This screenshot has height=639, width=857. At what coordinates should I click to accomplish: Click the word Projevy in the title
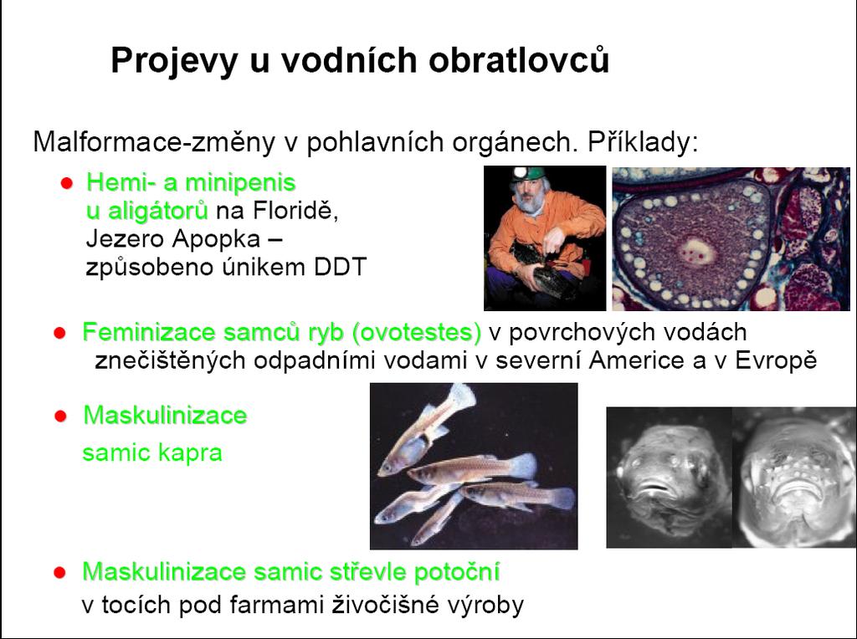(174, 60)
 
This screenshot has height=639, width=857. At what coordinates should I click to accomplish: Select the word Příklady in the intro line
(643, 142)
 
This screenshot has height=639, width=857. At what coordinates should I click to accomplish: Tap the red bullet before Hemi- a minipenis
(67, 183)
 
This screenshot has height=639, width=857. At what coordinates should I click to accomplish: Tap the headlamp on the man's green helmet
(519, 174)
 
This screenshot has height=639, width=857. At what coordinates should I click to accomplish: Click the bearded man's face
(527, 194)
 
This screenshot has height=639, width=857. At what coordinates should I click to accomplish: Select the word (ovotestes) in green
(417, 332)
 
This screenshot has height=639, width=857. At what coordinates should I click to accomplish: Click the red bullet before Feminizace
(60, 333)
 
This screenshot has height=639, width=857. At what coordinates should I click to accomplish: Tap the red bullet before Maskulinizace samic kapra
(60, 417)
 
